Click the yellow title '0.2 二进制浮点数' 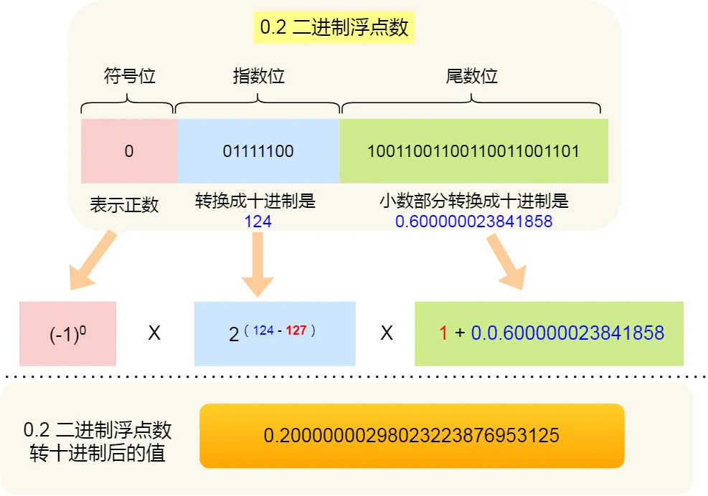(334, 27)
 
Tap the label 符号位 (130, 76)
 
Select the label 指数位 (259, 76)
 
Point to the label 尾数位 (472, 76)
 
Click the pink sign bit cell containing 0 (129, 151)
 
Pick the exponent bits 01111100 (258, 151)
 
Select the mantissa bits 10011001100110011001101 (473, 151)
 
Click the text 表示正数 (124, 204)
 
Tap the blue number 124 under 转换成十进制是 (258, 221)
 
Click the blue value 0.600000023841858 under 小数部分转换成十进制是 (473, 221)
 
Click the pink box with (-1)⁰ (68, 334)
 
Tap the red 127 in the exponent (297, 330)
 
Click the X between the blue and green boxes (386, 333)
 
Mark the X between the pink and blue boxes (154, 333)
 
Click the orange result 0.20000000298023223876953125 (412, 436)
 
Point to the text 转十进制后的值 (98, 453)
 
